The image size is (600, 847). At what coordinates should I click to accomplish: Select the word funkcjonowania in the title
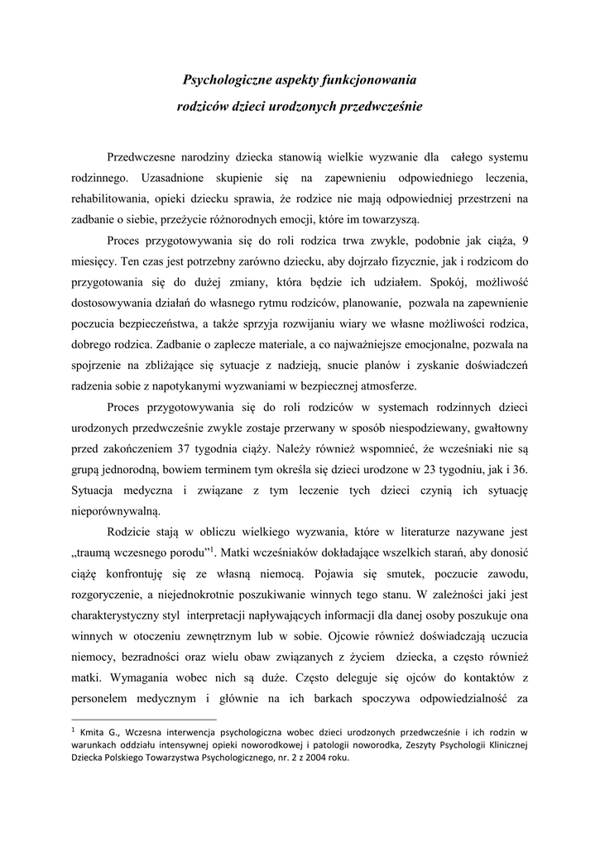[374, 80]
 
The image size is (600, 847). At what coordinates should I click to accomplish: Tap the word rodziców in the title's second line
[202, 106]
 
